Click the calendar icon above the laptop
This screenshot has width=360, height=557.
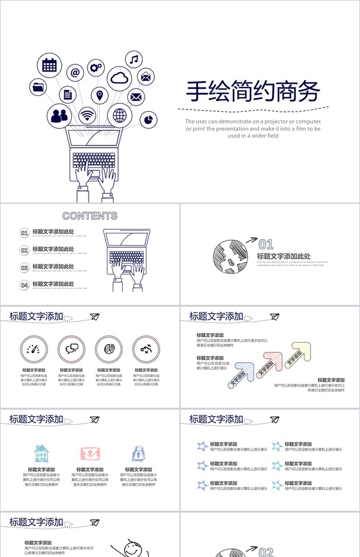[50, 64]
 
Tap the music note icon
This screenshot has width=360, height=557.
[134, 60]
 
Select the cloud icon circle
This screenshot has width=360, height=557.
[120, 78]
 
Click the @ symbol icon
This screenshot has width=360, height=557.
[75, 73]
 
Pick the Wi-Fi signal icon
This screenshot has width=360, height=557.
[87, 116]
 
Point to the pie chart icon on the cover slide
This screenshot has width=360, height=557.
[148, 119]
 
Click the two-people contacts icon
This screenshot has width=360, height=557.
[59, 116]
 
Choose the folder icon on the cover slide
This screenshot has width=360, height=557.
[39, 86]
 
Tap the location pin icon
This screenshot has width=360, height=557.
[100, 95]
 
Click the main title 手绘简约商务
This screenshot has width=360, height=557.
[253, 92]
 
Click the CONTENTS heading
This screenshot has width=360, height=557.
[90, 216]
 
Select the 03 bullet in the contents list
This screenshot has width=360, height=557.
[24, 267]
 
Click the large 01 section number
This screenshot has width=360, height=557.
[265, 244]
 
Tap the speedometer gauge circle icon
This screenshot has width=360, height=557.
[33, 349]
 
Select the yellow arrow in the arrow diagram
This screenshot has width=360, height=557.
[298, 352]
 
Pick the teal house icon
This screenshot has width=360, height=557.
[41, 453]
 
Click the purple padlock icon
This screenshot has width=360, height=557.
[138, 453]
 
